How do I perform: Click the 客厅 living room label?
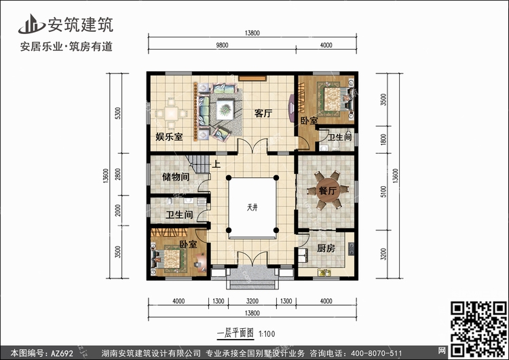(263, 113)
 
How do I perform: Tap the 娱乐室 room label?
(169, 137)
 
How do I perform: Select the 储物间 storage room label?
(176, 177)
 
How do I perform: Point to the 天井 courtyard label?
(252, 207)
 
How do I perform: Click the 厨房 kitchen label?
(326, 249)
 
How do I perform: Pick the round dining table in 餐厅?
(328, 190)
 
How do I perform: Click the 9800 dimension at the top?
(223, 46)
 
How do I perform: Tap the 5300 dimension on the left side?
(118, 113)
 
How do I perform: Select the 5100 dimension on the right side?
(383, 192)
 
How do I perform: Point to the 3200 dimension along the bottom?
(252, 301)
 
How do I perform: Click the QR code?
(479, 329)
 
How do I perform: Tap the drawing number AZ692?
(62, 353)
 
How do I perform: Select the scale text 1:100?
(267, 334)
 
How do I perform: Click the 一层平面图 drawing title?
(235, 333)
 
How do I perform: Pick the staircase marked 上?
(198, 164)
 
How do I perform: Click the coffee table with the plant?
(225, 109)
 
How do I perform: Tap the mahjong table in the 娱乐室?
(171, 113)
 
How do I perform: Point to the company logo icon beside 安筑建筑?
(31, 24)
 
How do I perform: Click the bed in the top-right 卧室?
(333, 98)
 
